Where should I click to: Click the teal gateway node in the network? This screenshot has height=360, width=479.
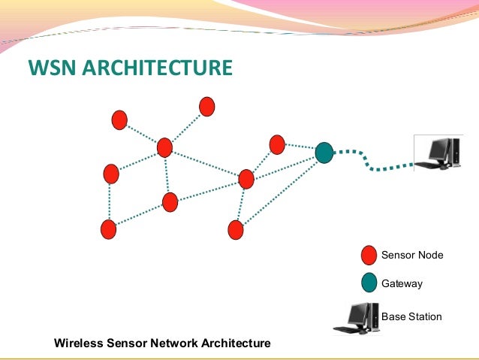[x=324, y=153]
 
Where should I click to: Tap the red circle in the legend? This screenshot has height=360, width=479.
[x=369, y=256]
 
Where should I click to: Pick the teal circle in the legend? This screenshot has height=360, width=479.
[x=369, y=283]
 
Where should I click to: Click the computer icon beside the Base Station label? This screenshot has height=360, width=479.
[x=356, y=317]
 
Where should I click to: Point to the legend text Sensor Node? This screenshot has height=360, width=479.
[x=412, y=256]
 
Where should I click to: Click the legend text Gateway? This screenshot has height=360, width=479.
[x=402, y=284]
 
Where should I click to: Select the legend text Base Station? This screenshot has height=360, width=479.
[x=411, y=317]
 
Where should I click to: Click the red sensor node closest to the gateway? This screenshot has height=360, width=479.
[x=277, y=144]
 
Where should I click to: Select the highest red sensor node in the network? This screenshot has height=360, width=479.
[x=207, y=107]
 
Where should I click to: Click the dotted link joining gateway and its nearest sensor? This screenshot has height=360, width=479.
[x=300, y=148]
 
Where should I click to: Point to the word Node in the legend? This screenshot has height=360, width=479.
[x=430, y=256]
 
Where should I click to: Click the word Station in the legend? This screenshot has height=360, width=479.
[x=424, y=317]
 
